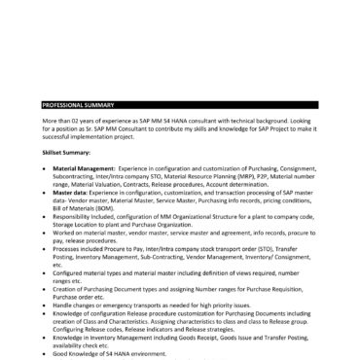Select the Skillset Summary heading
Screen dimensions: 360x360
[64, 153]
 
